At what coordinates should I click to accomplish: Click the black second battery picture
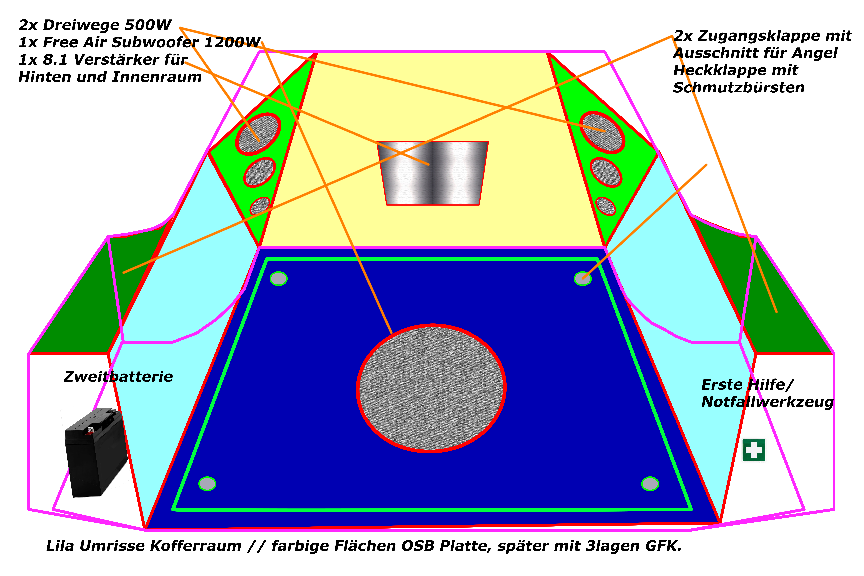95,453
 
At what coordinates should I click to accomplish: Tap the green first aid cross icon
754,450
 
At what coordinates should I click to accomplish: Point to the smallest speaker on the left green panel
260,206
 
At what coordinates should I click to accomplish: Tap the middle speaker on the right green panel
606,172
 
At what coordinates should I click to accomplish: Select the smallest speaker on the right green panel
605,206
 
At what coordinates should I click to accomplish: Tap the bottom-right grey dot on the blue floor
650,484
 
